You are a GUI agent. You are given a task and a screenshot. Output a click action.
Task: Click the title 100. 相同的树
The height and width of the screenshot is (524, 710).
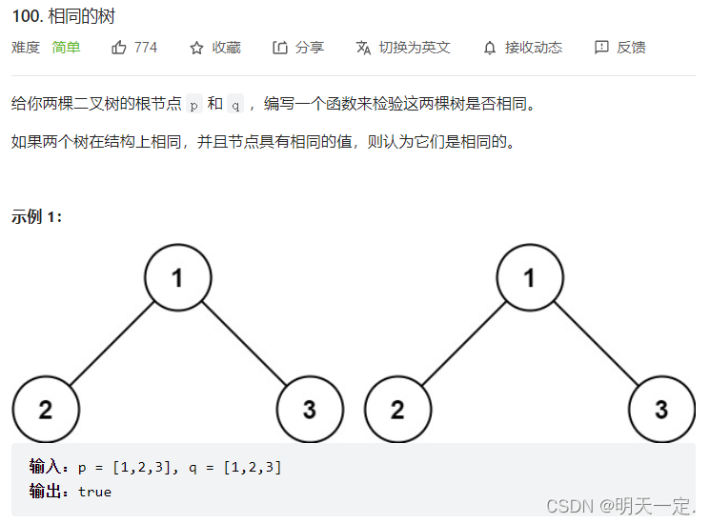64,17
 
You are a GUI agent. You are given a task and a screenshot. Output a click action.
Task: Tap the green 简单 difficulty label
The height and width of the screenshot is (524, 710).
66,47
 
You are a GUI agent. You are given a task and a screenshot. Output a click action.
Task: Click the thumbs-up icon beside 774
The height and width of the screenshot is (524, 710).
119,47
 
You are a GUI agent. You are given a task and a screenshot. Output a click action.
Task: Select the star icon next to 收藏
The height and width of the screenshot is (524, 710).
196,48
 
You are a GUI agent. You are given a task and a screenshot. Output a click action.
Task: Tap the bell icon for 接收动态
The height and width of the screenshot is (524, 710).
490,48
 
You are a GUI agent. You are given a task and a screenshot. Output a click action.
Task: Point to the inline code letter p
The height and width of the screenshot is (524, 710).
193,105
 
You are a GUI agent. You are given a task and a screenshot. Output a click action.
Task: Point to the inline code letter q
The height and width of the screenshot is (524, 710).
236,105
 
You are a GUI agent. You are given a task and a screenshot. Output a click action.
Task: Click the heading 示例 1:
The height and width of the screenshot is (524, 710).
37,216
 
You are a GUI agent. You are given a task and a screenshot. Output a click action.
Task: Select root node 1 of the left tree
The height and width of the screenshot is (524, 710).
177,278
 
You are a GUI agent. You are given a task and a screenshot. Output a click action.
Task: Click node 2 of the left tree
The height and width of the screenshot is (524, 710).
46,410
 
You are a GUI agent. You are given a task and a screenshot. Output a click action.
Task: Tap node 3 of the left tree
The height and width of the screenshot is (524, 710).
309,410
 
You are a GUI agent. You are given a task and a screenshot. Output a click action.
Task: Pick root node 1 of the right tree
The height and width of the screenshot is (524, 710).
530,278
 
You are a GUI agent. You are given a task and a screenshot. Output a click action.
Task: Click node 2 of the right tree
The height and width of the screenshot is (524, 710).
398,410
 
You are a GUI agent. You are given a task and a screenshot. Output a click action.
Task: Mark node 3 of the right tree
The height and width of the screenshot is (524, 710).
661,410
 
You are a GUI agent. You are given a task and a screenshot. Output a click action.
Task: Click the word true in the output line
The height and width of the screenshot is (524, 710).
94,492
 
